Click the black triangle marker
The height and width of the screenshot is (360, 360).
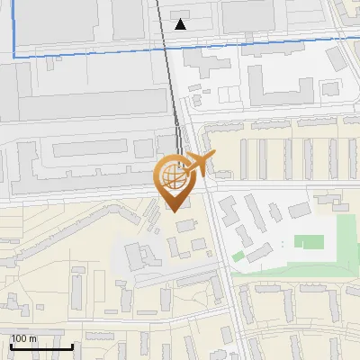pyautogui.click(x=181, y=24)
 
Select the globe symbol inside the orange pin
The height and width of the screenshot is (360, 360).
pyautogui.click(x=174, y=178)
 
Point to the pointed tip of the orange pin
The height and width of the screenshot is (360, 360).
pyautogui.click(x=174, y=211)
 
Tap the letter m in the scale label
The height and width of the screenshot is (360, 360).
pyautogui.click(x=32, y=338)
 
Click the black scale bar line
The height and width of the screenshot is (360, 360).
pyautogui.click(x=41, y=346)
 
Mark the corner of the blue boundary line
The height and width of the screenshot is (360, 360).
pyautogui.click(x=14, y=56)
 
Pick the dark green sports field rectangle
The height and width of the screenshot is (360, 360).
pyautogui.click(x=310, y=241)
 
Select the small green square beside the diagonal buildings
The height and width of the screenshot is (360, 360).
pyautogui.click(x=238, y=256)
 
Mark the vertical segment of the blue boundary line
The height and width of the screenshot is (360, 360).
pyautogui.click(x=14, y=27)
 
